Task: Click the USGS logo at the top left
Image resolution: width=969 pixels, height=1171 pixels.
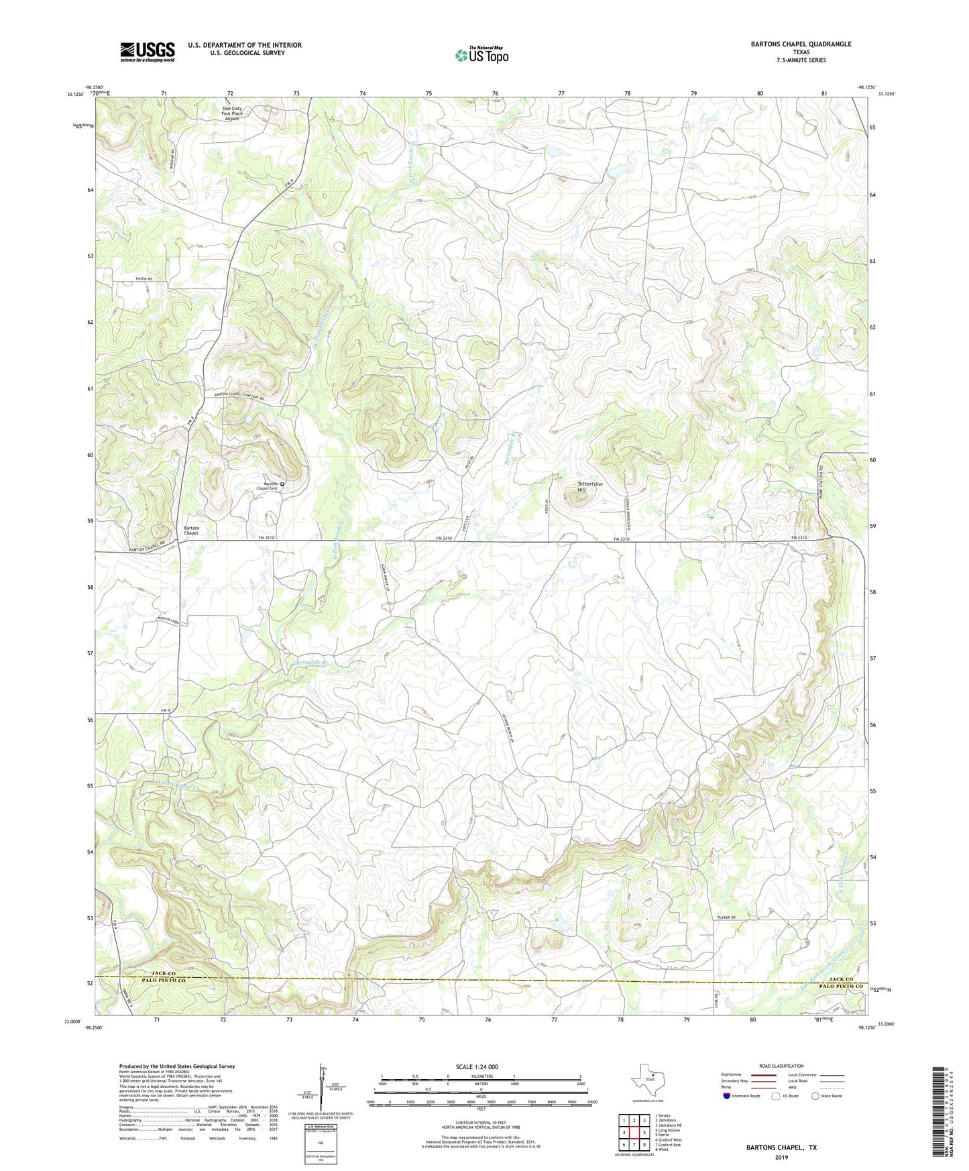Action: pos(148,52)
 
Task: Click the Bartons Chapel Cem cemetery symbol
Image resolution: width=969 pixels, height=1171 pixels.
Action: pos(282,484)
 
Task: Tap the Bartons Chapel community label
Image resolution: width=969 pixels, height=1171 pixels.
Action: pos(191,531)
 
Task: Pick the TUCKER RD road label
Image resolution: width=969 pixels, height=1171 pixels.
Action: pos(726,917)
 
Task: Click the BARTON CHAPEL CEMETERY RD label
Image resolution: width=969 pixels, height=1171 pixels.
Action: pos(239,396)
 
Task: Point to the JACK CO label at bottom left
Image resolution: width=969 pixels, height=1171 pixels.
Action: pos(163,973)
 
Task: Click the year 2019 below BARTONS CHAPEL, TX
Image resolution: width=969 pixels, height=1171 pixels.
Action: pos(781,1157)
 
